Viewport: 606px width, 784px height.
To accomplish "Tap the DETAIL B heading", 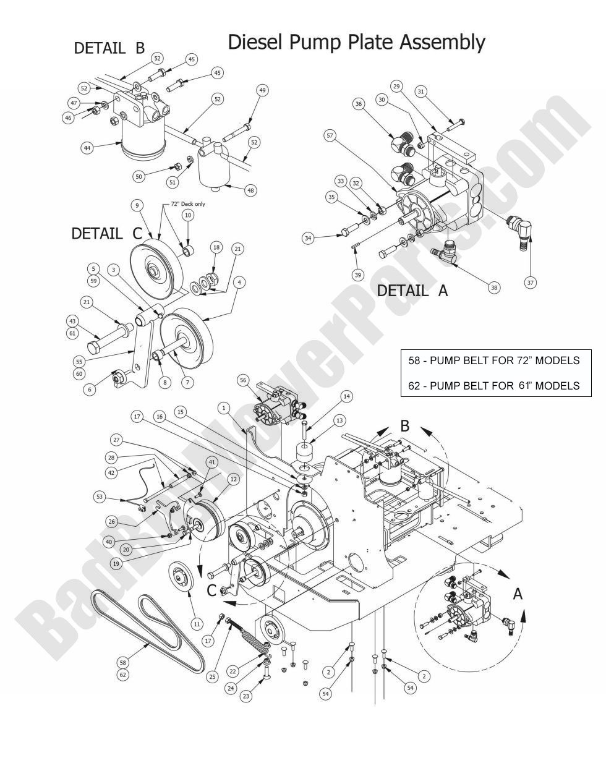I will [109, 48].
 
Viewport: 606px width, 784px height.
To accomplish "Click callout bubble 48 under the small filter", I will [250, 190].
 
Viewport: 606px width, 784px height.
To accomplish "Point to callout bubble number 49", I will [263, 90].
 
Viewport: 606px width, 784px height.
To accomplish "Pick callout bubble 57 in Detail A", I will [330, 135].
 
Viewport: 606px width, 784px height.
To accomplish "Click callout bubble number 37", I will [530, 282].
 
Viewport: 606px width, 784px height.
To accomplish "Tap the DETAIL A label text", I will [412, 290].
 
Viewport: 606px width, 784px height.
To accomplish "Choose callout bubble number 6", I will [91, 390].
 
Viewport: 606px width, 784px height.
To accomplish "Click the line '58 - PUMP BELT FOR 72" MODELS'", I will [494, 360].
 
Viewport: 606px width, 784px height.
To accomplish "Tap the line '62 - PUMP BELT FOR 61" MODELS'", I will [494, 385].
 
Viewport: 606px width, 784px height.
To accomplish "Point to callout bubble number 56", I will [242, 381].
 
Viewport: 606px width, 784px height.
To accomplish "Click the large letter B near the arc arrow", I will [405, 427].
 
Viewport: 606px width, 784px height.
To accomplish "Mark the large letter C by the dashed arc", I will [211, 590].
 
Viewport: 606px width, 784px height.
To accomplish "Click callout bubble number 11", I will [197, 624].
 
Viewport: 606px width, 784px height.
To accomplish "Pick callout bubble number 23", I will [246, 696].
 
